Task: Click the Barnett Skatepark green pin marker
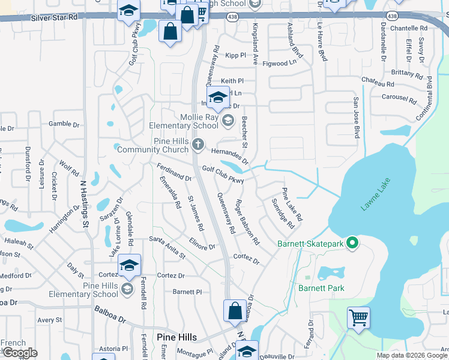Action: (353, 243)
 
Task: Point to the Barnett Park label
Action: (321, 288)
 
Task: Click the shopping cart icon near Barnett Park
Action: (358, 317)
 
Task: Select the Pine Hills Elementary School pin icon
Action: (127, 290)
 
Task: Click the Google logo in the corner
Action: (19, 353)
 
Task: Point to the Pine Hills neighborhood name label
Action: (173, 337)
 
